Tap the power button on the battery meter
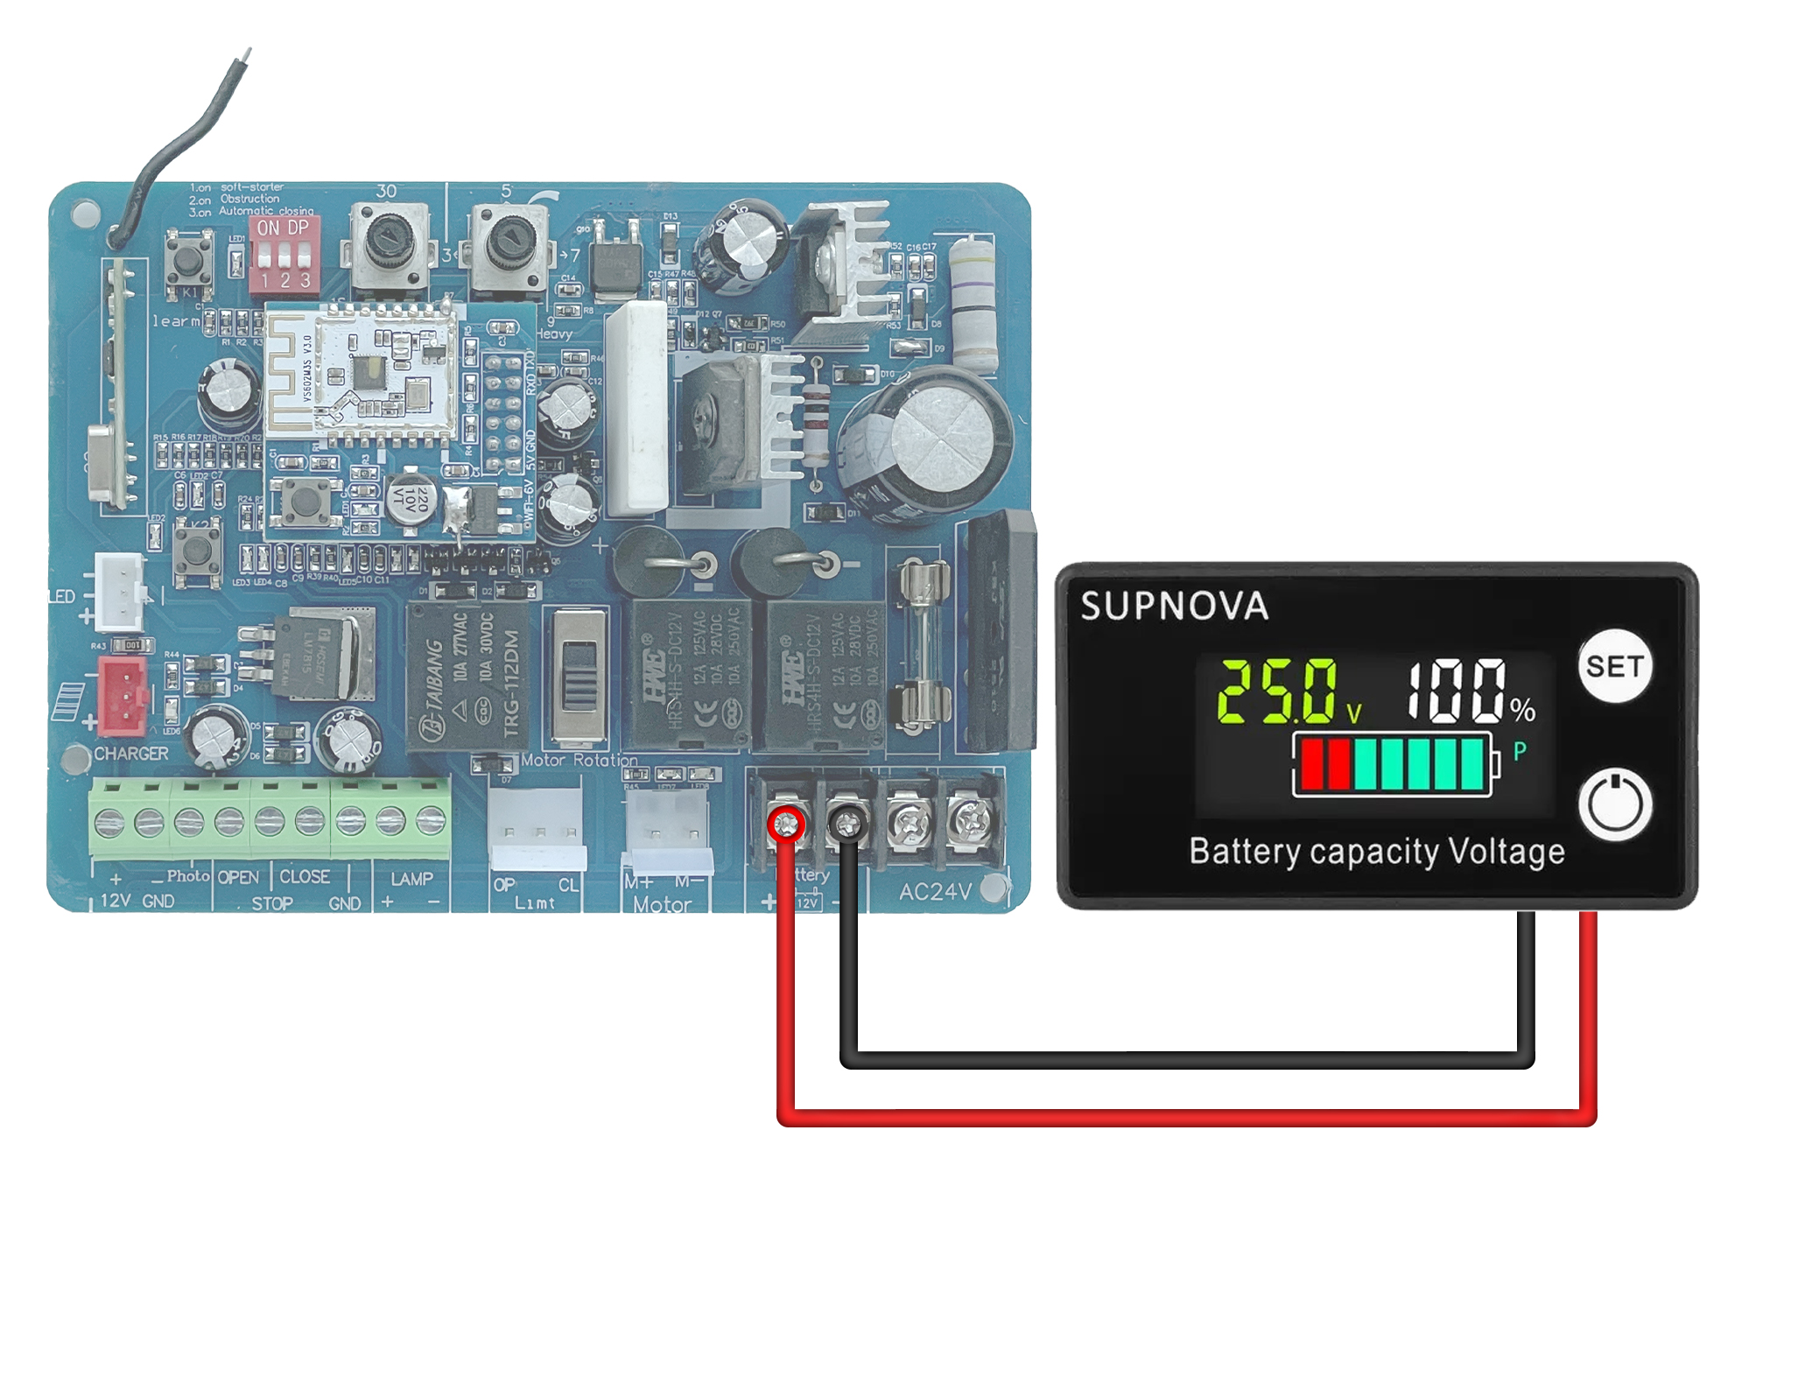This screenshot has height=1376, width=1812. coord(1615,804)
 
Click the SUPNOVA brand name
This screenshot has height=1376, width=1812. coord(1174,606)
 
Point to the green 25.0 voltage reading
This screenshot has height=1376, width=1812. coord(1278,692)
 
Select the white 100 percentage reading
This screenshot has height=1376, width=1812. coord(1457,692)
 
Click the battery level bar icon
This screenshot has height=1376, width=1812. coord(1394,764)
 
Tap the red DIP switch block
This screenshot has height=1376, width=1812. coord(284,255)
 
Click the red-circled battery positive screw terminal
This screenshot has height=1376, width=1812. coord(787,824)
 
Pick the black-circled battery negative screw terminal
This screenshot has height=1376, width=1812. coord(846,824)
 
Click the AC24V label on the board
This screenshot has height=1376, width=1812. coord(935,892)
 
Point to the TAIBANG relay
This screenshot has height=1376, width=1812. coord(467,675)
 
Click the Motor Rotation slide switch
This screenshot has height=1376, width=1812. coord(579,677)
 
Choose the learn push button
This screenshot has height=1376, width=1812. coord(188,261)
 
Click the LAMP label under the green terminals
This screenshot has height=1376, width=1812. coord(411,878)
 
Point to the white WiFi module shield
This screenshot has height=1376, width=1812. coord(361,373)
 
